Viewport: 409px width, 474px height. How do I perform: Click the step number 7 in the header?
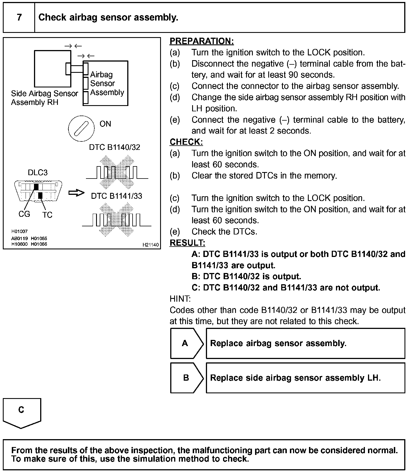(19, 17)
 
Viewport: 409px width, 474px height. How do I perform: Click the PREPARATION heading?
(201, 41)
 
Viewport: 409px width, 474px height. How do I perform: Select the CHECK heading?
(186, 142)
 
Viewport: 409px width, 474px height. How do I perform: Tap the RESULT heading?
(187, 243)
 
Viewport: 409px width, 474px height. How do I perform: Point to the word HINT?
(180, 299)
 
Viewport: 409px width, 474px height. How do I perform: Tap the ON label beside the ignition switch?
(105, 124)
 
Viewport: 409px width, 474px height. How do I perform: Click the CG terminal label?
(24, 214)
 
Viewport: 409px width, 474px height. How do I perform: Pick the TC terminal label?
(47, 215)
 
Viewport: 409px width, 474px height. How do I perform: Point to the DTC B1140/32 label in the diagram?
(114, 147)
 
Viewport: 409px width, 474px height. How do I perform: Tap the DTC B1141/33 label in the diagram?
(117, 196)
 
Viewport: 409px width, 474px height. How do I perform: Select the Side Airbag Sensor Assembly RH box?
(53, 69)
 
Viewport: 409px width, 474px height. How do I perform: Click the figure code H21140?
(151, 245)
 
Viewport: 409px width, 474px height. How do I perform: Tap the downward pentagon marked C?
(22, 412)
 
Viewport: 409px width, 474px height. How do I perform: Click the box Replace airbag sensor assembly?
(305, 343)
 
